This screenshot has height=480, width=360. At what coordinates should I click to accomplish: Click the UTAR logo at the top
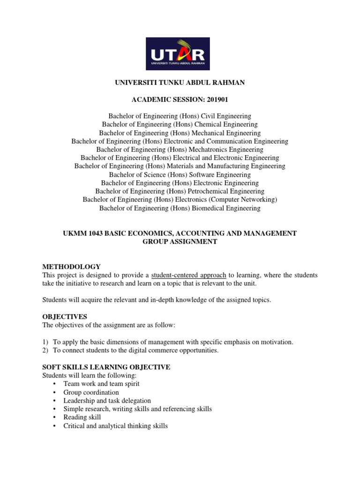click(180, 53)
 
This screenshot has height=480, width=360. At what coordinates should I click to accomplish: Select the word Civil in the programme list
click(209, 116)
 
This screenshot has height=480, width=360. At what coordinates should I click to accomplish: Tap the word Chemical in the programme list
click(208, 124)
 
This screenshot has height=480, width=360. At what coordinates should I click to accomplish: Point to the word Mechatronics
click(208, 150)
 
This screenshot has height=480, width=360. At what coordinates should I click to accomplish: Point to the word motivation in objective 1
click(277, 342)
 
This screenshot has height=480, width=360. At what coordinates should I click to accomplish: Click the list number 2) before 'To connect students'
click(45, 351)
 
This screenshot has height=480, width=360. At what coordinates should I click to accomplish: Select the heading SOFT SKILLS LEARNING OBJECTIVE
click(106, 367)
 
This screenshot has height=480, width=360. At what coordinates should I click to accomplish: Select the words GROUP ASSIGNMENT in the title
click(180, 242)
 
